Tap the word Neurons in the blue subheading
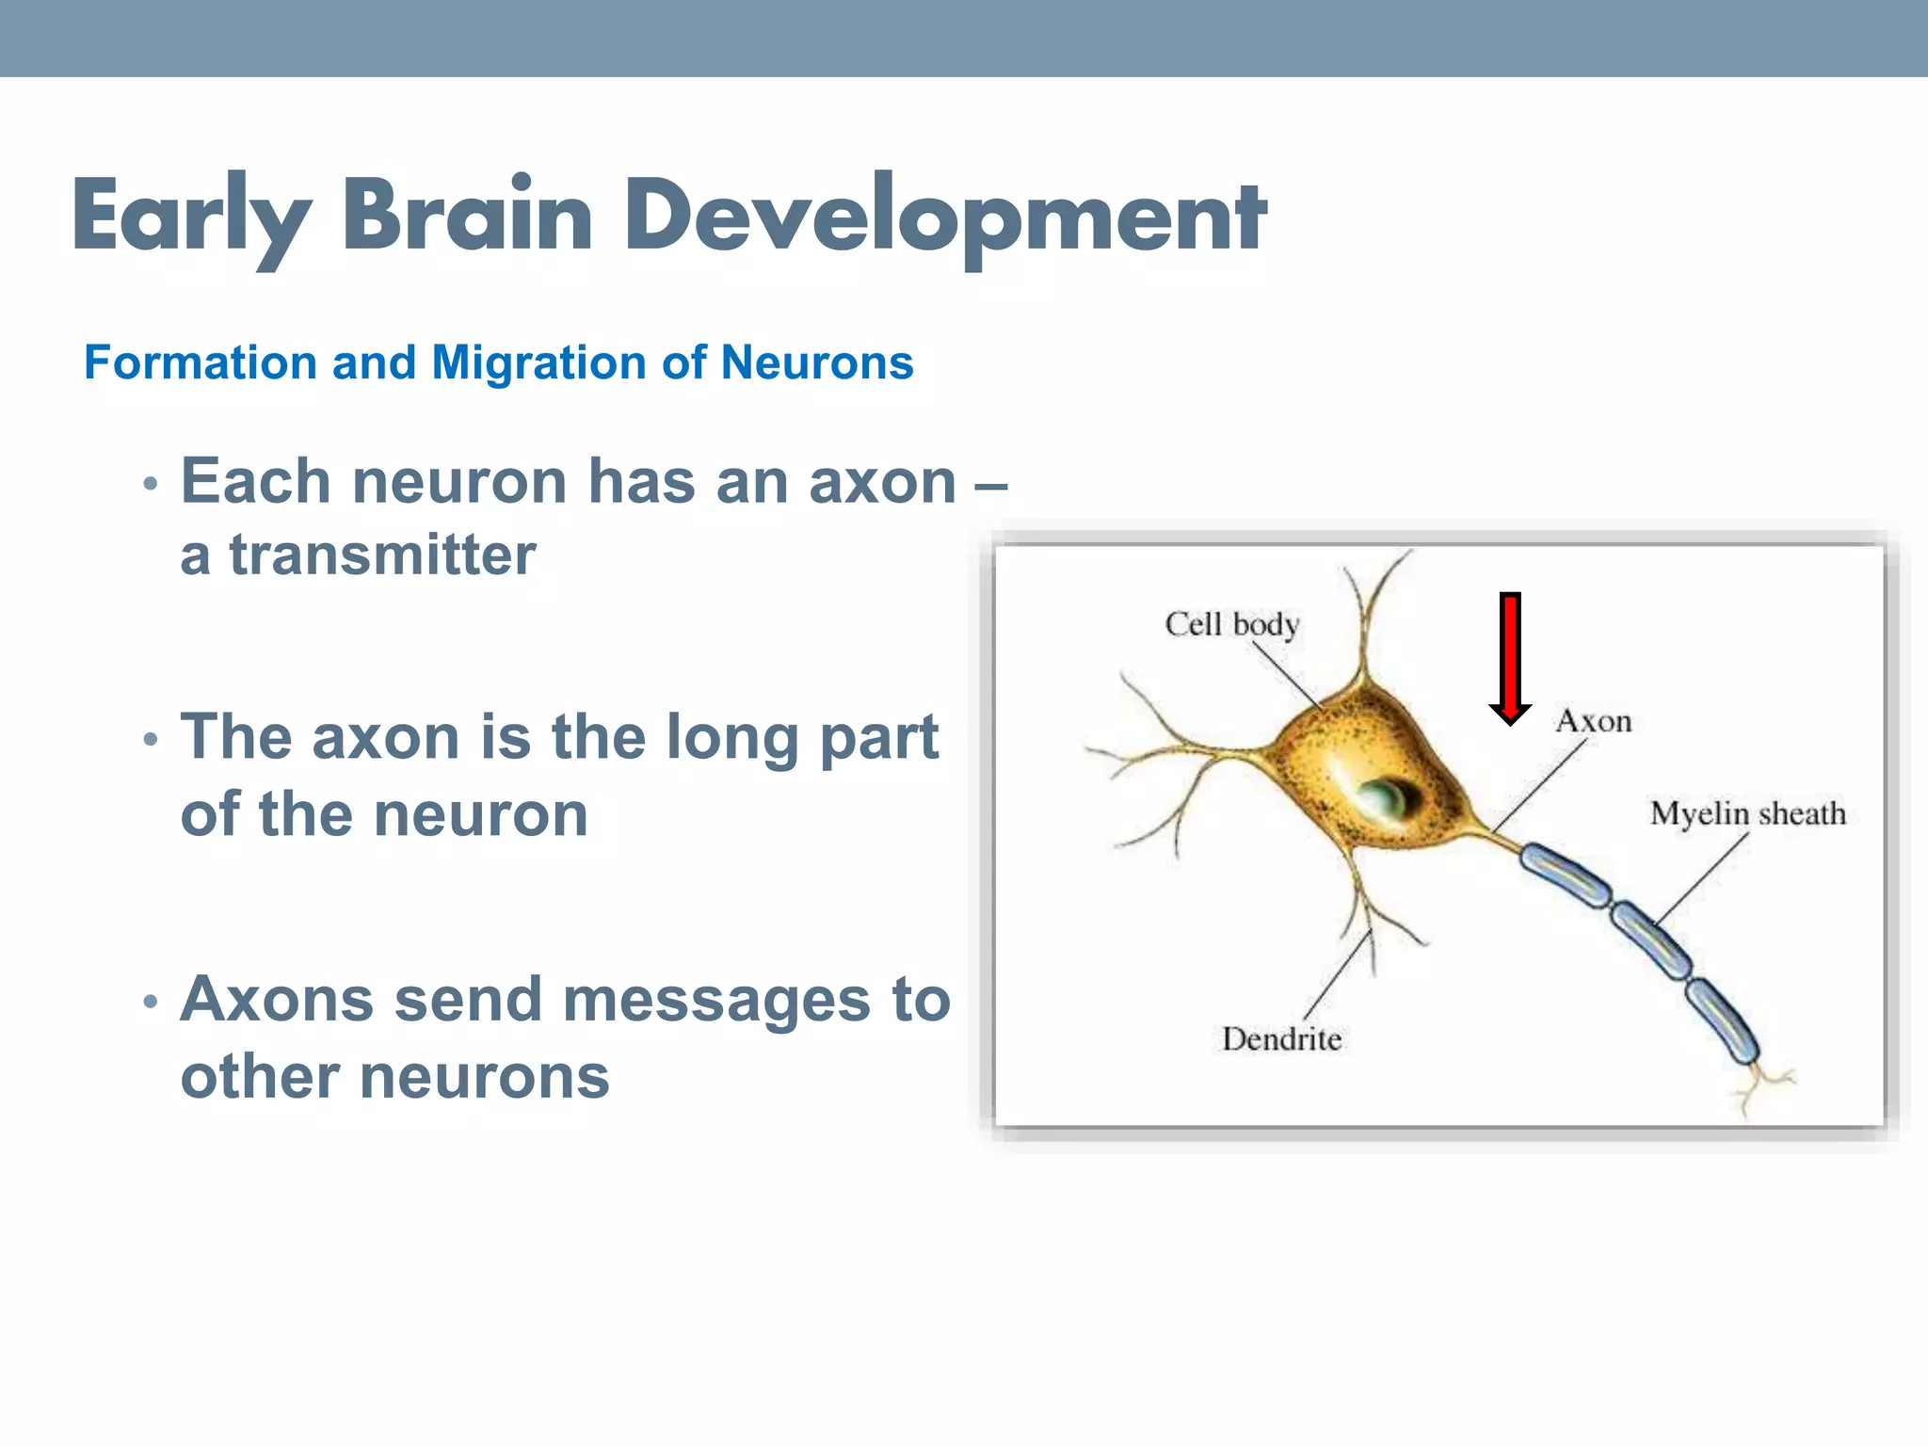click(x=816, y=362)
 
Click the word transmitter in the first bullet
click(x=383, y=554)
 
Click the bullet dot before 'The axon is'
click(x=151, y=740)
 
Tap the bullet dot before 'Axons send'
click(x=151, y=1002)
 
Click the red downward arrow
click(x=1510, y=659)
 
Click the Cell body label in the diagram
click(x=1231, y=624)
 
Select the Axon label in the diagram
click(x=1593, y=721)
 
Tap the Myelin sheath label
click(x=1747, y=813)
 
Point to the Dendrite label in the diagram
click(x=1281, y=1039)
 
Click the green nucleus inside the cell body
click(x=1384, y=798)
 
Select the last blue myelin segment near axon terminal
click(x=1721, y=1020)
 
